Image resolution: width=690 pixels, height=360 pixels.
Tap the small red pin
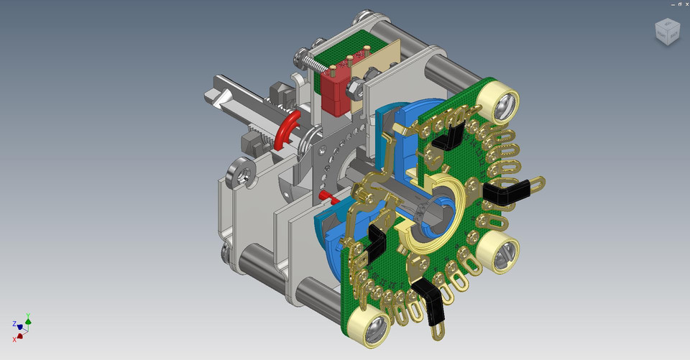click(x=324, y=195)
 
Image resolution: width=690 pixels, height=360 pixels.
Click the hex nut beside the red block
click(x=354, y=90)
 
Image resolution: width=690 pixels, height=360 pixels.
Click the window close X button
click(x=684, y=4)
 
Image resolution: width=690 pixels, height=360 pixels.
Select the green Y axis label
click(x=28, y=315)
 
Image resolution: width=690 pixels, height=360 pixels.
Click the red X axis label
click(x=14, y=338)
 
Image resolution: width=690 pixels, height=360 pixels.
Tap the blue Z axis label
click(x=14, y=324)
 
